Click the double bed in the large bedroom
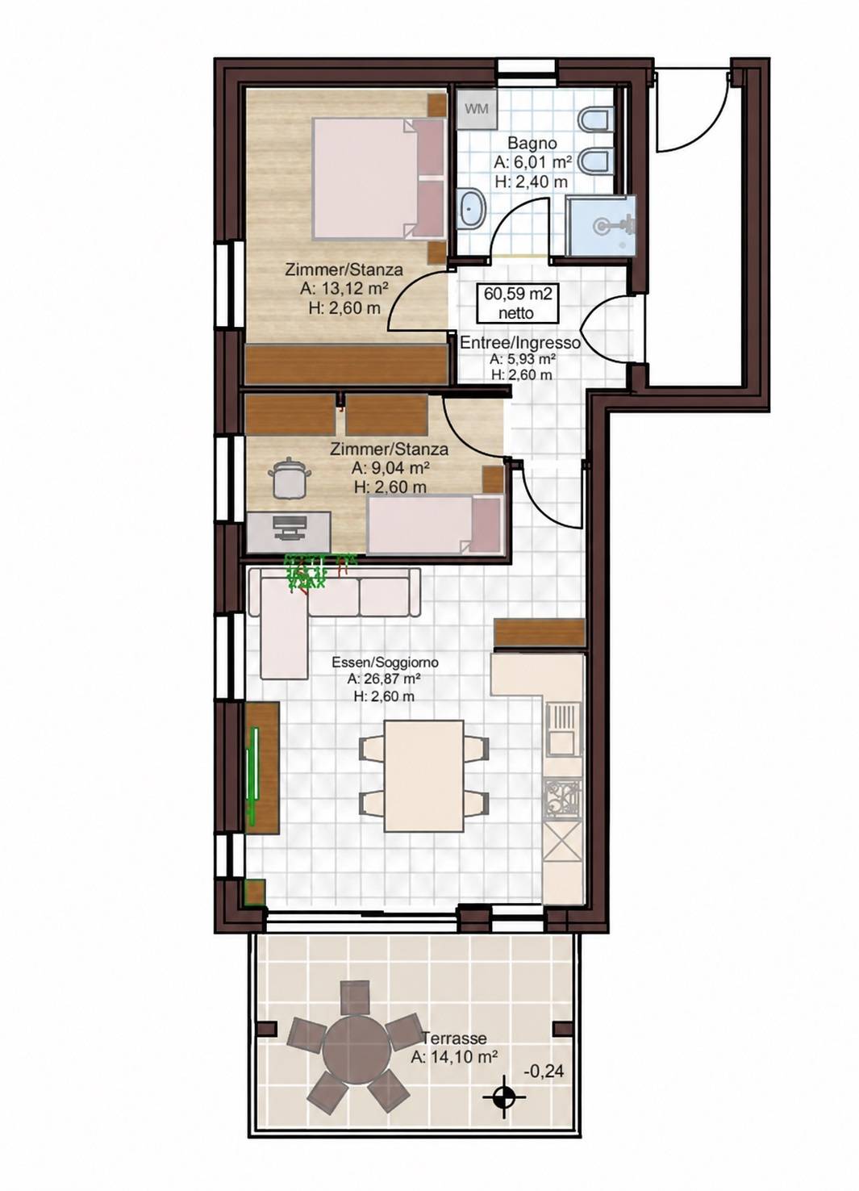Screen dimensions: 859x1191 pyautogui.click(x=378, y=178)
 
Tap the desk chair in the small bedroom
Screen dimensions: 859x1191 pyautogui.click(x=290, y=478)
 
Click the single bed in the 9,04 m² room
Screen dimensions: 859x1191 pyautogui.click(x=436, y=524)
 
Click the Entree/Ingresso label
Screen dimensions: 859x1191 pyautogui.click(x=520, y=343)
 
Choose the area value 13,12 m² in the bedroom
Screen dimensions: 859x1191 pyautogui.click(x=343, y=289)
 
